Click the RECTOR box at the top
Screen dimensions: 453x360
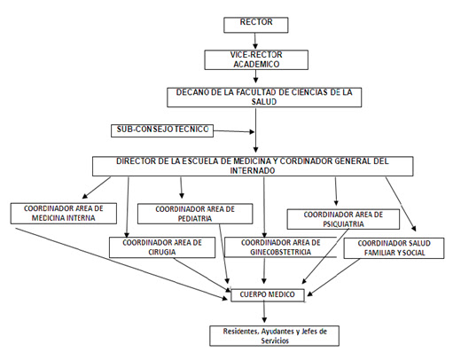click(x=256, y=25)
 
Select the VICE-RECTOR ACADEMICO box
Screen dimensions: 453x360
click(x=256, y=59)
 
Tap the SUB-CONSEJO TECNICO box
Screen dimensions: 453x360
click(x=162, y=130)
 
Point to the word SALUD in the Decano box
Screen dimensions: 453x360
click(x=264, y=102)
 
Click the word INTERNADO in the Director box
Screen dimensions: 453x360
click(x=253, y=170)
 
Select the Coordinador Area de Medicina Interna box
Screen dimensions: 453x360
click(x=64, y=213)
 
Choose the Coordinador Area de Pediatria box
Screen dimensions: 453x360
click(x=195, y=214)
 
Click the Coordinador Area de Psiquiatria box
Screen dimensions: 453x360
click(x=343, y=219)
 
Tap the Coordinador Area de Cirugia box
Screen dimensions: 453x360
click(x=162, y=247)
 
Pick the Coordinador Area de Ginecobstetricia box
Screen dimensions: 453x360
click(x=280, y=247)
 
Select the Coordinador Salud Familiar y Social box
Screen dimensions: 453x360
click(x=394, y=248)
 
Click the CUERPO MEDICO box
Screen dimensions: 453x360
click(x=268, y=295)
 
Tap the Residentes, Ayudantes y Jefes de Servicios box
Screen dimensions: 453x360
click(x=274, y=336)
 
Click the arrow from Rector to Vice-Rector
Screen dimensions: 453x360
click(x=255, y=41)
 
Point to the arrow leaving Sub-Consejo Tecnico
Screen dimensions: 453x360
click(x=234, y=131)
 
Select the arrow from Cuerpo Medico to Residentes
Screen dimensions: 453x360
click(x=264, y=312)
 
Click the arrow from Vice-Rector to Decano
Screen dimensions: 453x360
click(x=255, y=76)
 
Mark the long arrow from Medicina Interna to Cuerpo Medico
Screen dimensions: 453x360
click(x=121, y=263)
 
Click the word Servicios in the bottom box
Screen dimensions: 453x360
click(x=275, y=340)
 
